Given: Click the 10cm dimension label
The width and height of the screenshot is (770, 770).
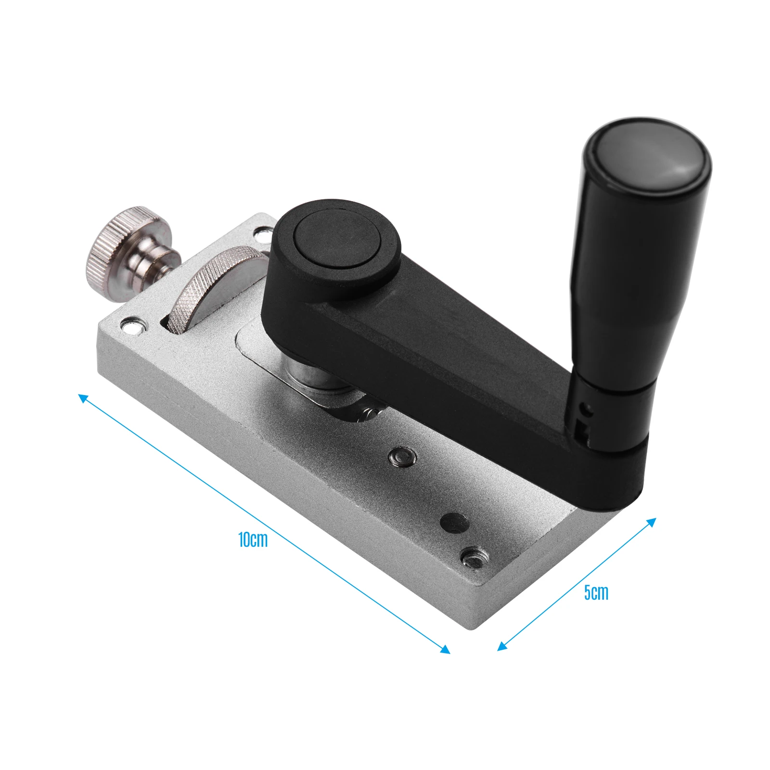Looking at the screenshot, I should click(253, 540).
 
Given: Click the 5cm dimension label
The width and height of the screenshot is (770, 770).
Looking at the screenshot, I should click(596, 592).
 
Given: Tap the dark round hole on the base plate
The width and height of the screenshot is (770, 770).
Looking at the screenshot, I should click(454, 523).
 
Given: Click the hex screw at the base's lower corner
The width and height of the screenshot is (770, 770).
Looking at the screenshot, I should click(474, 558).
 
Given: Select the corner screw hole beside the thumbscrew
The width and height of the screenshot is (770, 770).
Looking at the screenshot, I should click(132, 325).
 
